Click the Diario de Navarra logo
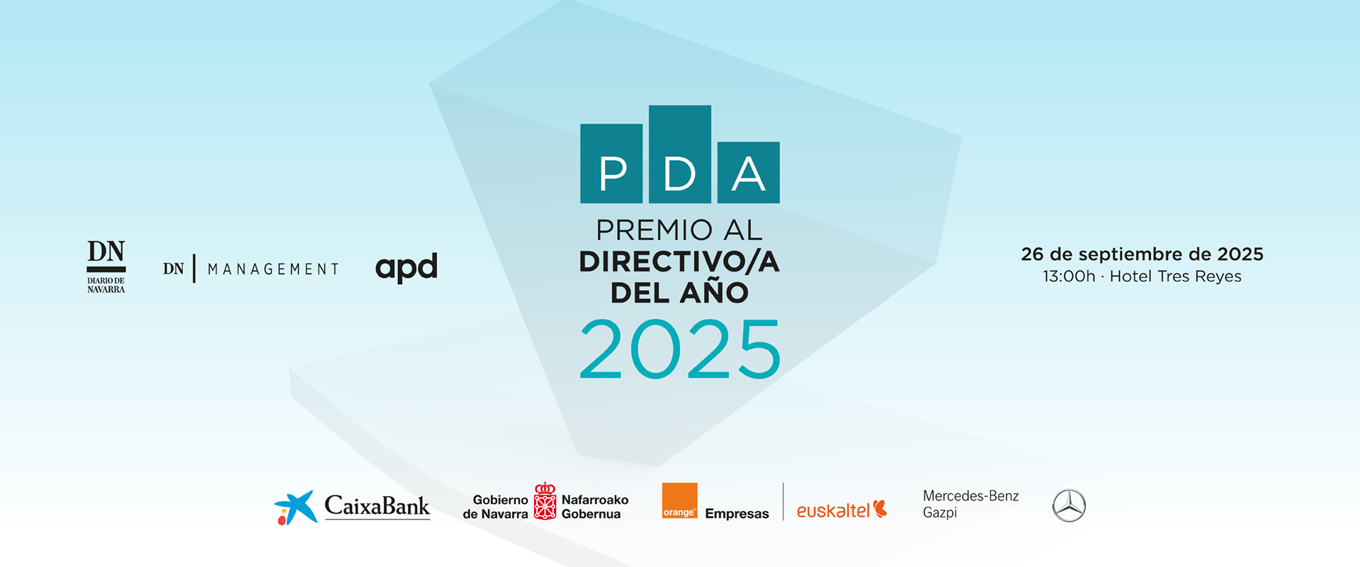[106, 266]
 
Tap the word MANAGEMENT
[273, 269]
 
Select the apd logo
[407, 268]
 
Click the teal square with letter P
[611, 164]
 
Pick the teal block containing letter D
[680, 155]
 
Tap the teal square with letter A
[749, 172]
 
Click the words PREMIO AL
[679, 230]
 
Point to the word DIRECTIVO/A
[679, 262]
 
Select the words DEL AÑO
[679, 291]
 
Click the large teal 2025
[680, 349]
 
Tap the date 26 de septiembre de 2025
[1142, 254]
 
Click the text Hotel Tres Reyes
[1176, 276]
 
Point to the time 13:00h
[1069, 276]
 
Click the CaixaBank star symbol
[295, 507]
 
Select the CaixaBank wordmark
[377, 506]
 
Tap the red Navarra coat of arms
[545, 501]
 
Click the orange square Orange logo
[679, 501]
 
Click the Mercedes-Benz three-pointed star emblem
[1069, 505]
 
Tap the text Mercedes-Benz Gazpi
[970, 504]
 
